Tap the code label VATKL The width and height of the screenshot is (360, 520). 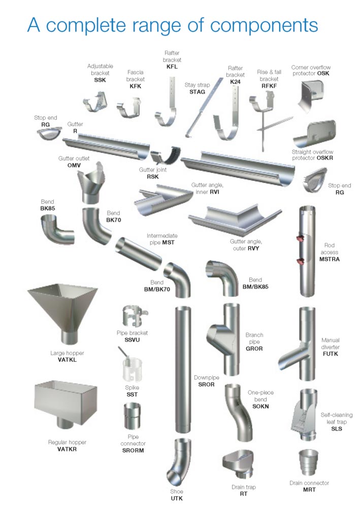(x=67, y=360)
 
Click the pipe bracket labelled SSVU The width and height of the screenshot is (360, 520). (x=134, y=316)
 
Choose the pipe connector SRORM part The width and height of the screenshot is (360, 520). (x=132, y=416)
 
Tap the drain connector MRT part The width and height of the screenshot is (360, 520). (x=309, y=462)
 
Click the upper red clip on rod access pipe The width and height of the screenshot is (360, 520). (x=301, y=238)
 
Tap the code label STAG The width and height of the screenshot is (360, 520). (x=197, y=92)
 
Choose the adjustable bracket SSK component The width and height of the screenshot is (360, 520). (x=95, y=103)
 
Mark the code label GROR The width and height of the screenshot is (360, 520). (x=254, y=348)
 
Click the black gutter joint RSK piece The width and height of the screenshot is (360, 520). (x=166, y=155)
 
